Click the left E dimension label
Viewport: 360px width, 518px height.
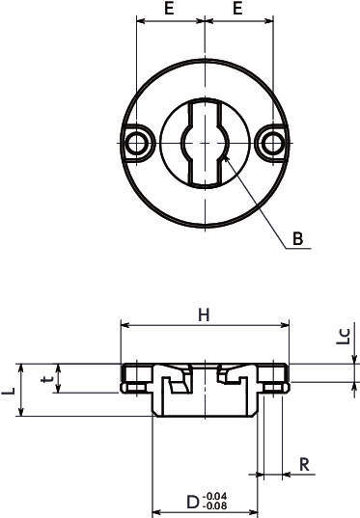(169, 9)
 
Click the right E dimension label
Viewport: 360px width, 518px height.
(237, 9)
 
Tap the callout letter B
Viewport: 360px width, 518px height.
(298, 238)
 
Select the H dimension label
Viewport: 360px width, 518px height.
(204, 315)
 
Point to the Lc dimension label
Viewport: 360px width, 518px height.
(344, 337)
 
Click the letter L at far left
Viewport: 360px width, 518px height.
(9, 391)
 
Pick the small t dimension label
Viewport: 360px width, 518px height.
(46, 379)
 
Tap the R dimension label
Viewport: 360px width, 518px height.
(304, 464)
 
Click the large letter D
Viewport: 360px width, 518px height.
(193, 503)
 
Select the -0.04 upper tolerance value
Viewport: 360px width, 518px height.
(215, 497)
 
